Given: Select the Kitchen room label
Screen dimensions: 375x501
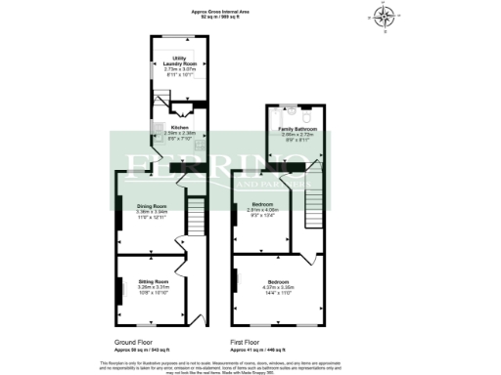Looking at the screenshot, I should [x=180, y=128].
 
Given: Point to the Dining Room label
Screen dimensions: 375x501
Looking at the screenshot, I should [x=152, y=206].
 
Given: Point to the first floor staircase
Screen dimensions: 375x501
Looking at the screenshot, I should [x=314, y=204].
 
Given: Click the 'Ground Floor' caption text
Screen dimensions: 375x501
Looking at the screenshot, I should [x=133, y=344].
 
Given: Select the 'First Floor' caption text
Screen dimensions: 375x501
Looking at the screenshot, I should [x=245, y=344].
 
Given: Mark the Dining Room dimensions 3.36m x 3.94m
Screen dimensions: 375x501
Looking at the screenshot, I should [x=152, y=212].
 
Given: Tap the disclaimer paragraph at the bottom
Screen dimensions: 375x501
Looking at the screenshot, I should [x=250, y=365].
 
